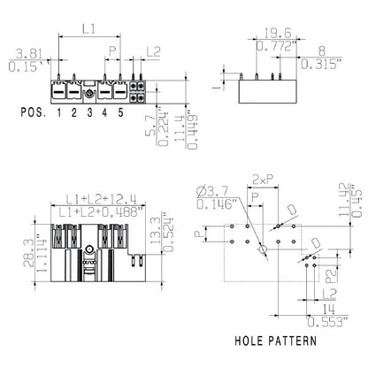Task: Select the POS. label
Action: pyautogui.click(x=37, y=113)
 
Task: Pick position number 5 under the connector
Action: pyautogui.click(x=119, y=113)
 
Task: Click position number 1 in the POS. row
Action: pyautogui.click(x=59, y=113)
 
